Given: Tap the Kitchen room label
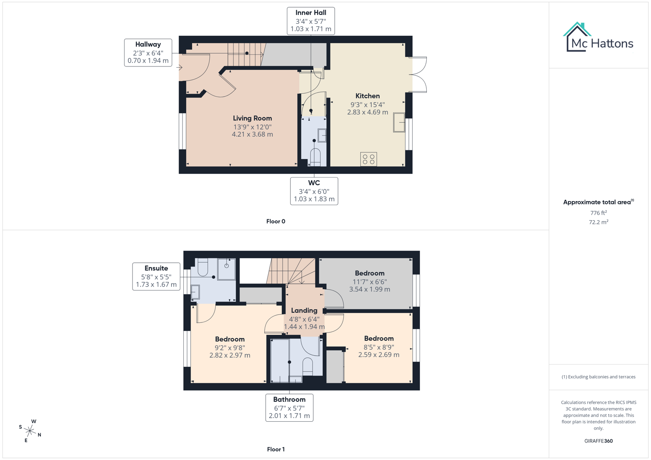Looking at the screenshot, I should point(367,96).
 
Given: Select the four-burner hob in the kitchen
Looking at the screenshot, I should point(368,159).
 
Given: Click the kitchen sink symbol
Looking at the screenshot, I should point(399,122).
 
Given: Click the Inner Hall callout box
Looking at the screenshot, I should point(311,21).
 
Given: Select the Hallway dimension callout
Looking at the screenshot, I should point(148,53).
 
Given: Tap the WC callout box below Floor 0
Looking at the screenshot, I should point(314,191).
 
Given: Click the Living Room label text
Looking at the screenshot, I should point(252,118).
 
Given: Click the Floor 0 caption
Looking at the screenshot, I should point(276,221).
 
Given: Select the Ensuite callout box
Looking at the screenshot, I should point(156,276).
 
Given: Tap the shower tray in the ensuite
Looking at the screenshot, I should point(226,269).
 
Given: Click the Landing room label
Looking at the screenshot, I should point(304,310).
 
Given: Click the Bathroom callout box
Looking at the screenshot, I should point(289,408).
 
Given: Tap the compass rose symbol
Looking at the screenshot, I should point(30,431).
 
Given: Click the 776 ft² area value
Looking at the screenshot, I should point(598,213).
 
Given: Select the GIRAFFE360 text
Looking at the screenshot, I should point(598,441).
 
